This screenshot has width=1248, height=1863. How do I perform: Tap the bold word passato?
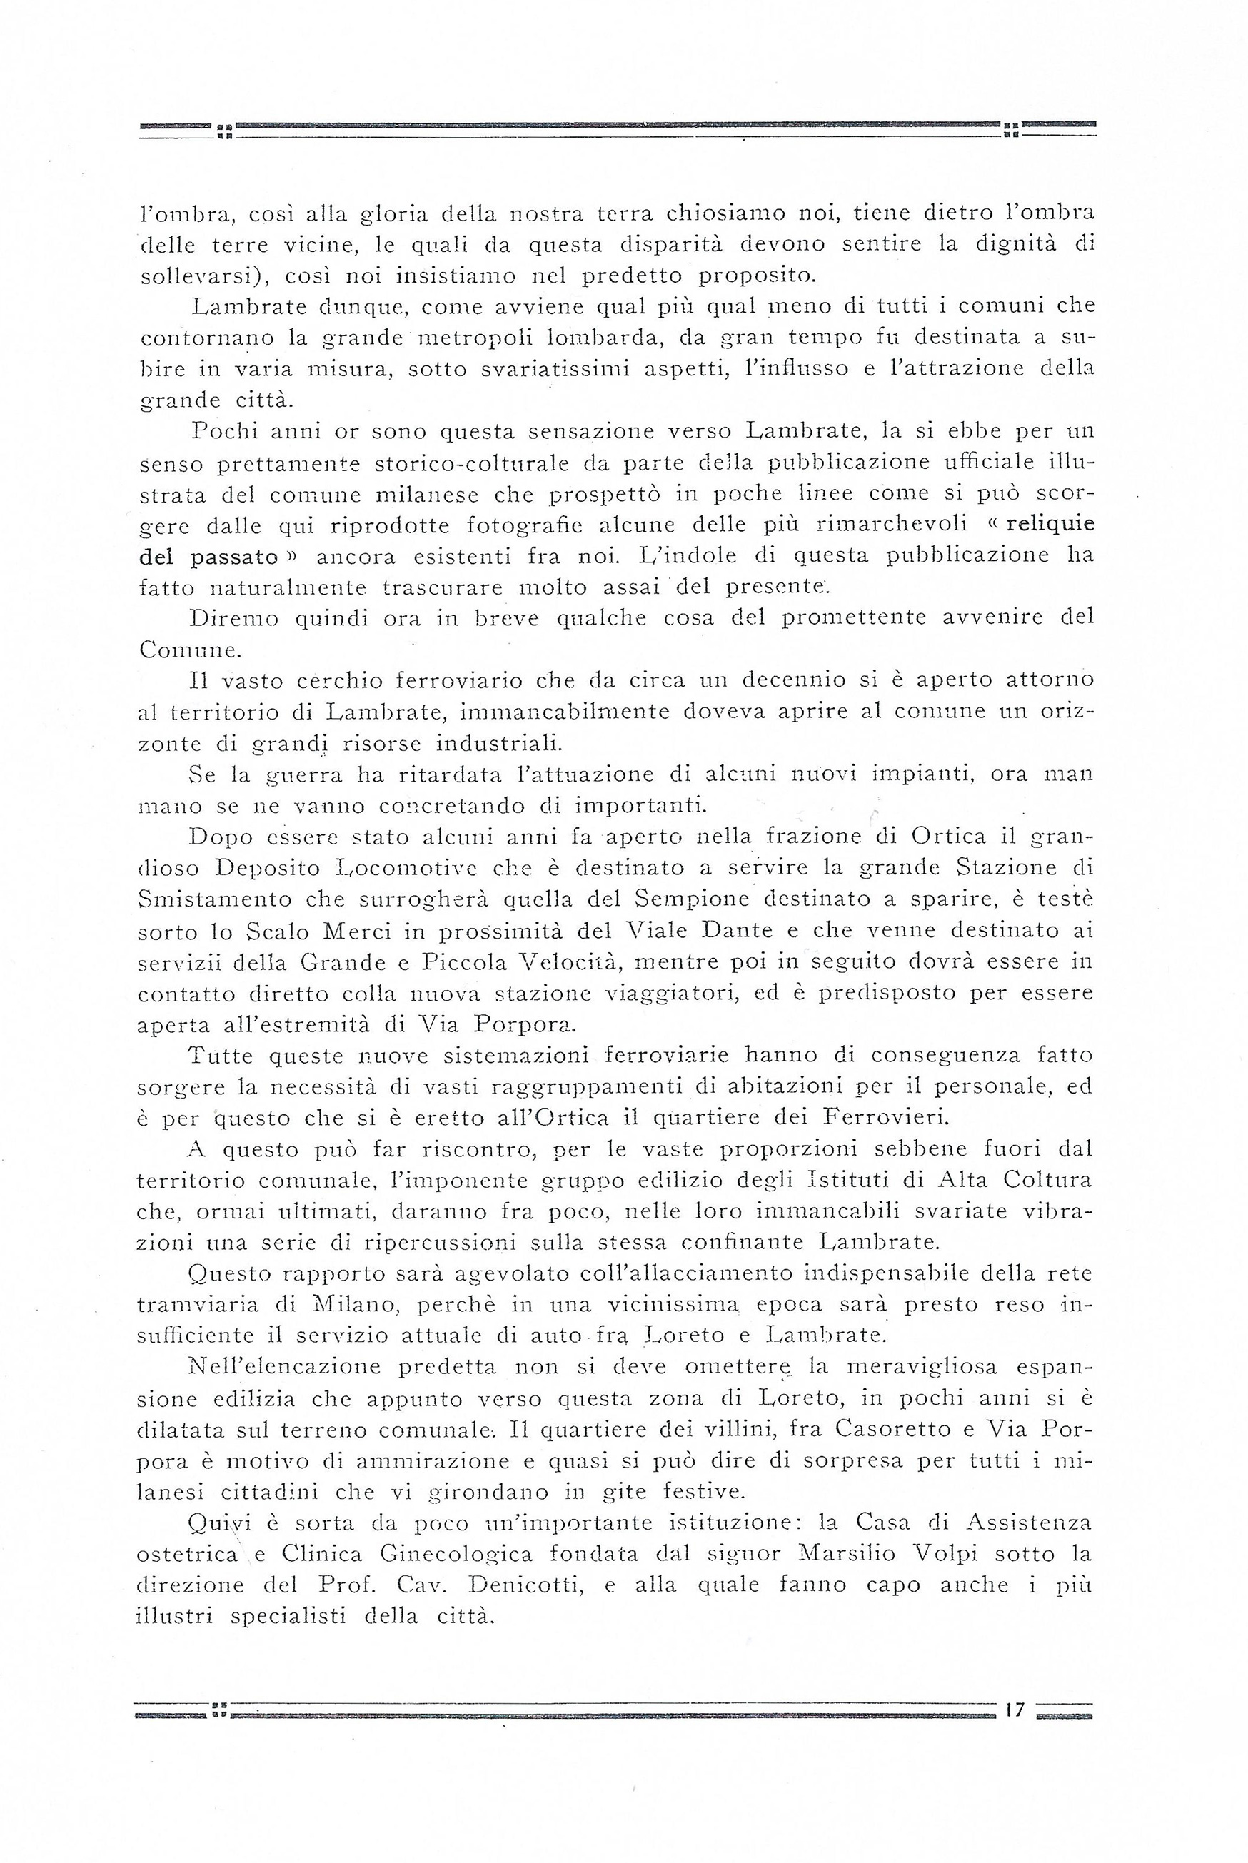coord(233,555)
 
